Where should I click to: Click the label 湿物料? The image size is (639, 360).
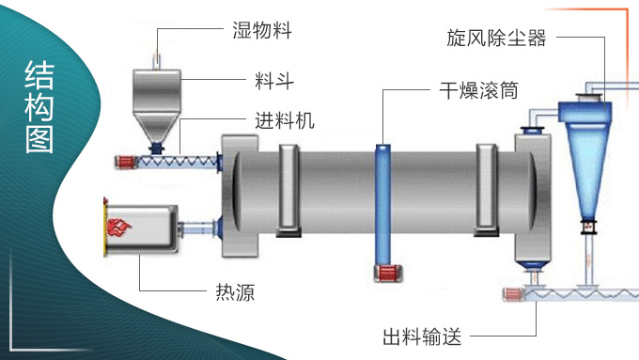(262, 30)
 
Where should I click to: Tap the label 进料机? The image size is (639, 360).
(285, 120)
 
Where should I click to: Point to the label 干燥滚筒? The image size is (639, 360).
(478, 90)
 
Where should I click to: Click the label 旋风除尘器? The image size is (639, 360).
(495, 39)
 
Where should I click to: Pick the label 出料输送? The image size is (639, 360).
(421, 336)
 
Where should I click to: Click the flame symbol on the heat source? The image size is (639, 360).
(119, 227)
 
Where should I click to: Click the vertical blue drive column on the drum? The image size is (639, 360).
(384, 202)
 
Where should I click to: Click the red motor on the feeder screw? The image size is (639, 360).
(123, 162)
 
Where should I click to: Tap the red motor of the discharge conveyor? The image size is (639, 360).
(513, 294)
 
